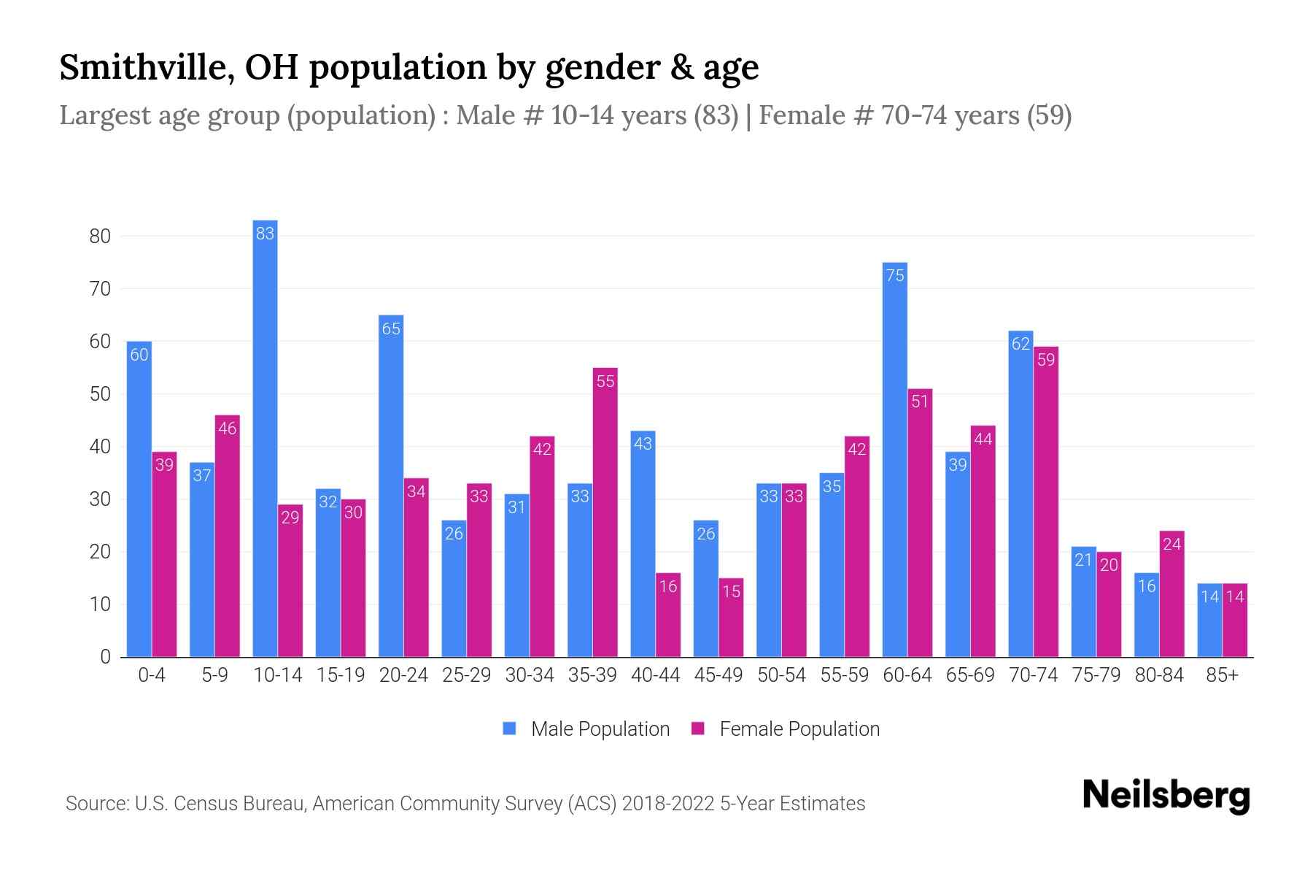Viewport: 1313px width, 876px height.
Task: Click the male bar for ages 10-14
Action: pyautogui.click(x=265, y=438)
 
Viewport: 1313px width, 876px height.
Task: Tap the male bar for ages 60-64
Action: pyautogui.click(x=894, y=460)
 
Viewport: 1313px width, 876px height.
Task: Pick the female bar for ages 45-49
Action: pyautogui.click(x=731, y=618)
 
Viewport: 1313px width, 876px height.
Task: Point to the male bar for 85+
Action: pyautogui.click(x=1209, y=620)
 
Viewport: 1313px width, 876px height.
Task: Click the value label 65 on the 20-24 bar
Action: pyautogui.click(x=391, y=329)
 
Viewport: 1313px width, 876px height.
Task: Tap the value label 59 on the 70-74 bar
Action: pyautogui.click(x=1046, y=360)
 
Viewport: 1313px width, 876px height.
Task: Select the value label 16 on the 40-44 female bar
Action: pyautogui.click(x=668, y=586)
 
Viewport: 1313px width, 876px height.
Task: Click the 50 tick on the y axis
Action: pyautogui.click(x=100, y=394)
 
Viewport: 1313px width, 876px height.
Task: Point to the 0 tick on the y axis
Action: pyautogui.click(x=105, y=657)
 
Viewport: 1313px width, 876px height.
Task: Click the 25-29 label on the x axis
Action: pyautogui.click(x=466, y=675)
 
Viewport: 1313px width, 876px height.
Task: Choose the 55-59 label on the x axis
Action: pyautogui.click(x=844, y=675)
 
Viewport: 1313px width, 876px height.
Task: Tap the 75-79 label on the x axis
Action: pyautogui.click(x=1096, y=675)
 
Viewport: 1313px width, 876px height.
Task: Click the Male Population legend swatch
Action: pyautogui.click(x=509, y=729)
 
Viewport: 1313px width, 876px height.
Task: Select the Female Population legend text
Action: pyautogui.click(x=799, y=729)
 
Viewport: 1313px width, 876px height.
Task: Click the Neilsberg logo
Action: pyautogui.click(x=1166, y=796)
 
